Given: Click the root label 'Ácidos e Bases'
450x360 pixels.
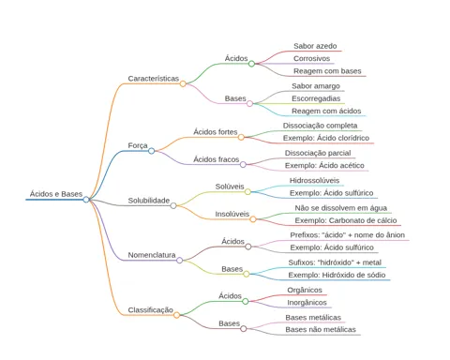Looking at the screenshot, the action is click(56, 194).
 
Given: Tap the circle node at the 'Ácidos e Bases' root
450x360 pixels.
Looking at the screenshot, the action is click(86, 200).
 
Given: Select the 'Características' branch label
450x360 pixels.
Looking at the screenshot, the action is click(154, 79).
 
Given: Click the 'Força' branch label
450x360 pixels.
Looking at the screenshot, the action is click(138, 145).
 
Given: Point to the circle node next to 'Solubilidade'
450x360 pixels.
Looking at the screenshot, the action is click(173, 205).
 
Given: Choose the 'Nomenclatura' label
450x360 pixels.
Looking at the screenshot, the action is click(152, 255).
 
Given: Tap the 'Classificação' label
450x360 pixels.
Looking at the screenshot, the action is click(151, 310).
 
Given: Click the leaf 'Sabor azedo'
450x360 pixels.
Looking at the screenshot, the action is click(315, 46).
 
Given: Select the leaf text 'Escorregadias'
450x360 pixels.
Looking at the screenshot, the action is click(316, 98).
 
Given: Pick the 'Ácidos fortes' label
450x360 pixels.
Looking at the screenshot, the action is click(216, 132).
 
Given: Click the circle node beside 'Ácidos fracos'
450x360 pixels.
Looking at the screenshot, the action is click(243, 164).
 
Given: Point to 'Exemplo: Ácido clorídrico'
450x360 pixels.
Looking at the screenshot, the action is click(326, 138).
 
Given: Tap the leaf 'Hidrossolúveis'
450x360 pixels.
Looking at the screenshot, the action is click(314, 180).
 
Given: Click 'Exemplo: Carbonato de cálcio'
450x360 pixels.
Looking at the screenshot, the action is click(346, 220).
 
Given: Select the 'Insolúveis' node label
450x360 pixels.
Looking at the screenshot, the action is click(232, 214).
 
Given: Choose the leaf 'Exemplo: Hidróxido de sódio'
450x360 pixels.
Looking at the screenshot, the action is click(337, 275).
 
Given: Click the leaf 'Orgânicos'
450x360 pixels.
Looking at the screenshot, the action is click(305, 290).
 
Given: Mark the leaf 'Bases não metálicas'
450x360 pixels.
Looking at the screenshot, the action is click(321, 329).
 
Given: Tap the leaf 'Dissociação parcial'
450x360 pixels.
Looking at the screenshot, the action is click(318, 153).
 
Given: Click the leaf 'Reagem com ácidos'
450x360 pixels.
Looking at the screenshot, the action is click(326, 111).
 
